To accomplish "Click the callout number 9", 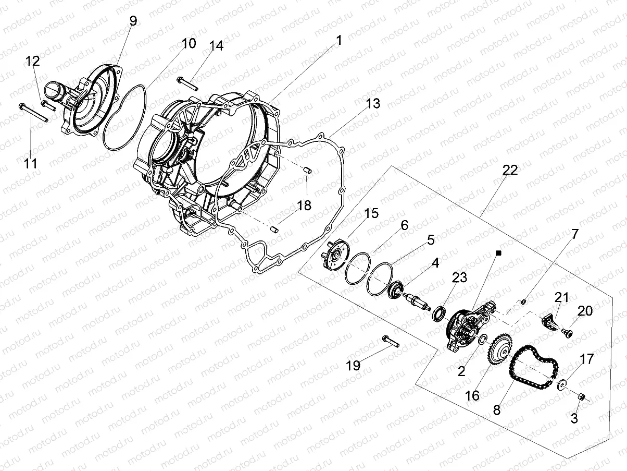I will pos(133,21).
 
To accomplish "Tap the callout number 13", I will pos(372,104).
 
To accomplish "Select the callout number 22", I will pos(510,171).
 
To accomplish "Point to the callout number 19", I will pos(353,366).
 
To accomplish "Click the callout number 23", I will pos(459,277).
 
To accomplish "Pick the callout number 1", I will pos(339,40).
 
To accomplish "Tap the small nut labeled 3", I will pos(582,399).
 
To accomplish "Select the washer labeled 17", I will pos(561,386).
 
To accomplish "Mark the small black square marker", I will pos(498,253).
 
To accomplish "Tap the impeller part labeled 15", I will pos(333,258).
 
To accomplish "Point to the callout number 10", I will pos(189,43).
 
